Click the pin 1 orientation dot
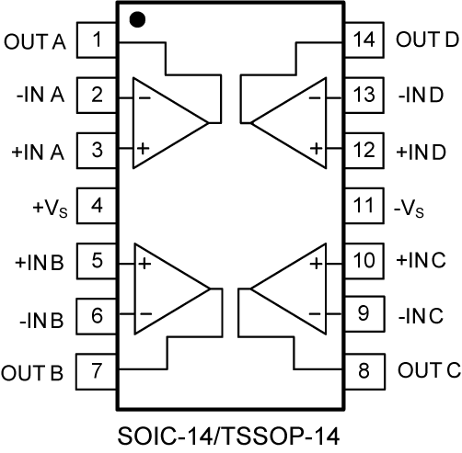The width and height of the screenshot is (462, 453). click(137, 19)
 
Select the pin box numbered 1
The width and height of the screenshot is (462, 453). click(97, 40)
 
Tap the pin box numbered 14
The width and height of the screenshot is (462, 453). click(364, 40)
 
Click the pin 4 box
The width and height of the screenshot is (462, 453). click(97, 206)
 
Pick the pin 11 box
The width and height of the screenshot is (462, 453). click(364, 206)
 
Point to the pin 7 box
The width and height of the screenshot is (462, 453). click(97, 371)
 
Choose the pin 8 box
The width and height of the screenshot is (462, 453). click(364, 371)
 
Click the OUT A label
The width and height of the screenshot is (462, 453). click(35, 41)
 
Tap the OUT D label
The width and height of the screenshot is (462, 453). click(427, 40)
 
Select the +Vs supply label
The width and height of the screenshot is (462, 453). click(50, 208)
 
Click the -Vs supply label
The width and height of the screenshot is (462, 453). click(409, 210)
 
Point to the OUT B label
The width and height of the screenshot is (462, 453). click(32, 373)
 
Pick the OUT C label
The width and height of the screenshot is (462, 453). click(429, 369)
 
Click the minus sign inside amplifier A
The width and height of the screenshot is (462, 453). click(144, 98)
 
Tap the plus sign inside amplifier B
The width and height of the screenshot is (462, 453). click(144, 264)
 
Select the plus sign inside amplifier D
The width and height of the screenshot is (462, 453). click(316, 149)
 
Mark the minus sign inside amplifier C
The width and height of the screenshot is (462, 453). click(315, 313)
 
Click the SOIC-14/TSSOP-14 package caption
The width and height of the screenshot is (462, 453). click(228, 436)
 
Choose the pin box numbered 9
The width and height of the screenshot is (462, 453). click(364, 313)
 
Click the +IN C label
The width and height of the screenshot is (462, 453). click(421, 260)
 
